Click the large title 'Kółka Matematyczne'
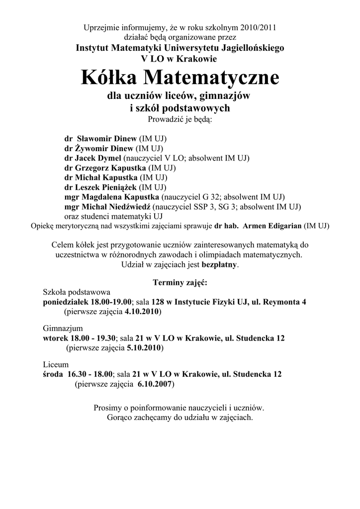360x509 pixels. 180,78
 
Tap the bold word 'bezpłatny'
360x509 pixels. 219,264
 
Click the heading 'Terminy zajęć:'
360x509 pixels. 180,283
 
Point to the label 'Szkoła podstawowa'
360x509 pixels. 77,293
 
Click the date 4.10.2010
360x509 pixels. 141,312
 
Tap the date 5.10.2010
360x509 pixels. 144,348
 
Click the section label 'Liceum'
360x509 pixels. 56,365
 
